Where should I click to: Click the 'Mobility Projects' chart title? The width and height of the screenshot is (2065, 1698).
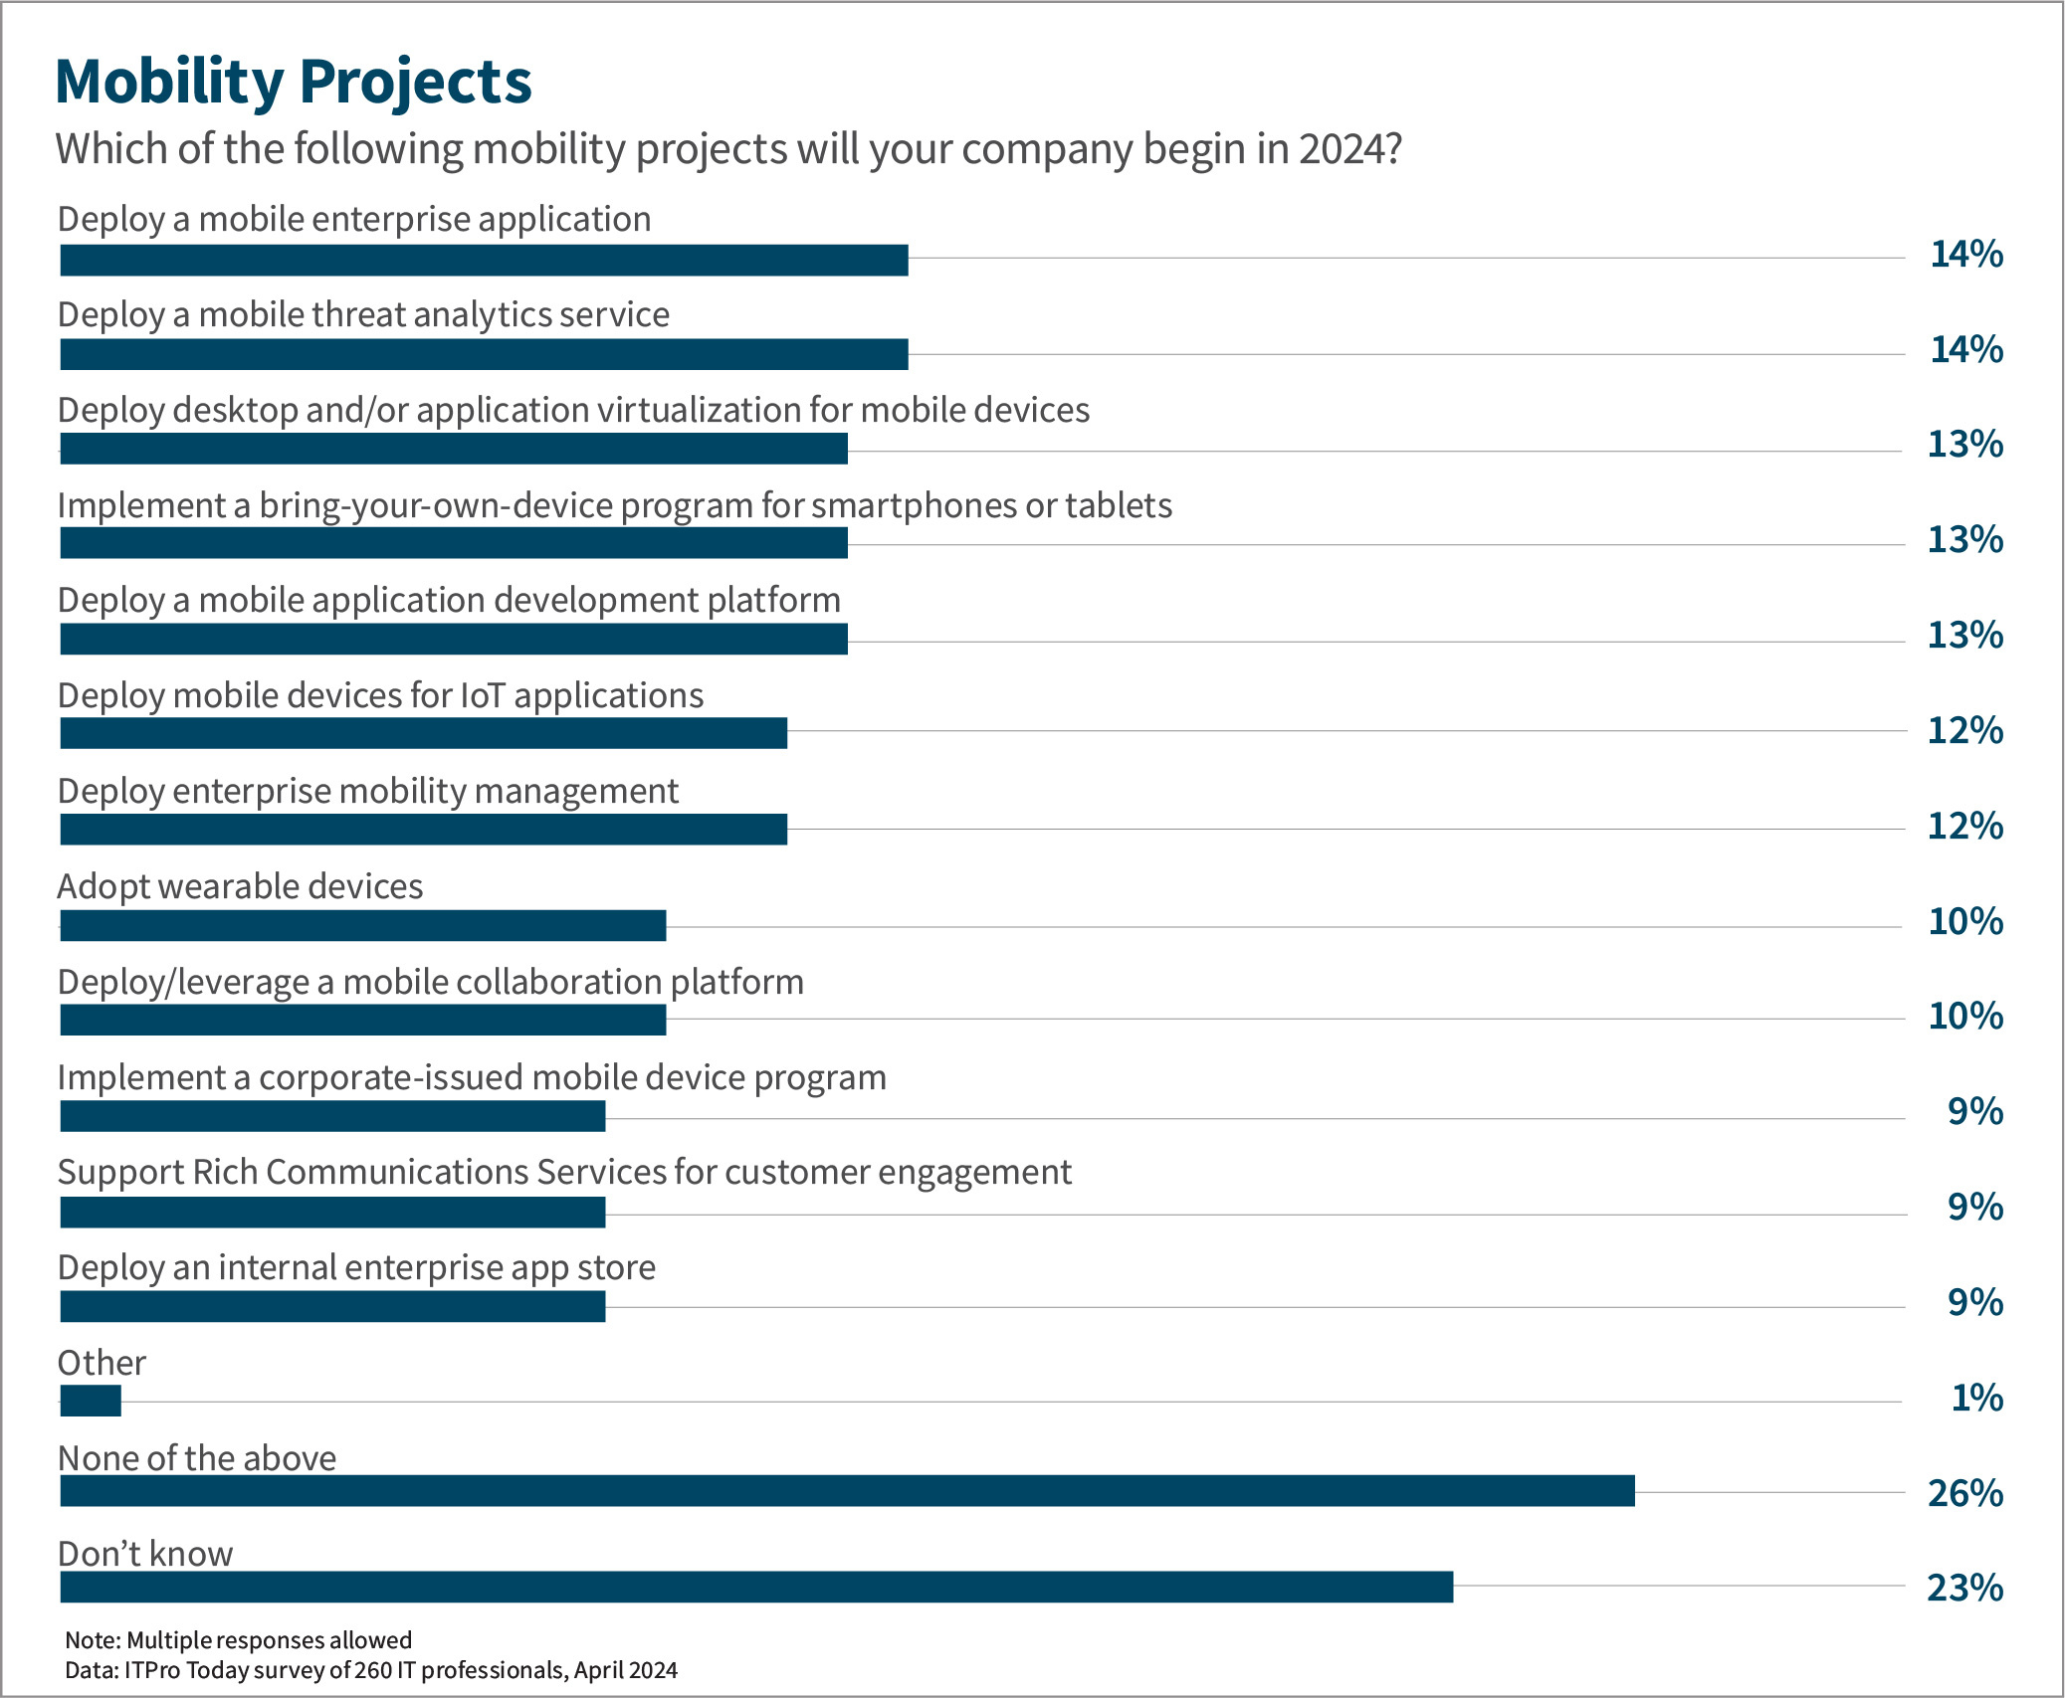(293, 82)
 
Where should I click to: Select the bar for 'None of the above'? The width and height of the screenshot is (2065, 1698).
(846, 1490)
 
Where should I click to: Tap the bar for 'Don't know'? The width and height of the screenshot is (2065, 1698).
(756, 1587)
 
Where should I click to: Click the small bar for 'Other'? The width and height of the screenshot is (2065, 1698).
(91, 1401)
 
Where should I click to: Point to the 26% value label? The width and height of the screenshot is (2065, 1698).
(1964, 1493)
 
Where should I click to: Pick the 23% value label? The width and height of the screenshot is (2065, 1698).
(1964, 1588)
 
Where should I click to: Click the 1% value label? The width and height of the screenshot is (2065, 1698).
(1976, 1398)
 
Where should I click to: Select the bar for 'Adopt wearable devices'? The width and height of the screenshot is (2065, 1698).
(362, 926)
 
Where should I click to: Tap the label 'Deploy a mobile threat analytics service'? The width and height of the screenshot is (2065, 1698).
(363, 314)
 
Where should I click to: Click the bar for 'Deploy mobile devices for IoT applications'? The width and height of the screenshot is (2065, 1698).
(423, 733)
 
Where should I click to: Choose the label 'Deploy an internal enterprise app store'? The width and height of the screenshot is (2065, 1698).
(356, 1267)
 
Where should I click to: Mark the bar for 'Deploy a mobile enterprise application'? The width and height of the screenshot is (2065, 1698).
(484, 260)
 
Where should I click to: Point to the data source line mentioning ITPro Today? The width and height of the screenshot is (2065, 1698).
(370, 1670)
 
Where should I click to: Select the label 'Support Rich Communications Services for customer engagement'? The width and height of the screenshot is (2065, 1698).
(564, 1172)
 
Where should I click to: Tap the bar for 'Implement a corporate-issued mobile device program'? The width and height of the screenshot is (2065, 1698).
(332, 1116)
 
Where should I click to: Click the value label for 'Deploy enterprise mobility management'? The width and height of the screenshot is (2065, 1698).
(1964, 826)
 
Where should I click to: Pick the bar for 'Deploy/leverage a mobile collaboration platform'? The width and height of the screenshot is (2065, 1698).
(362, 1020)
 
